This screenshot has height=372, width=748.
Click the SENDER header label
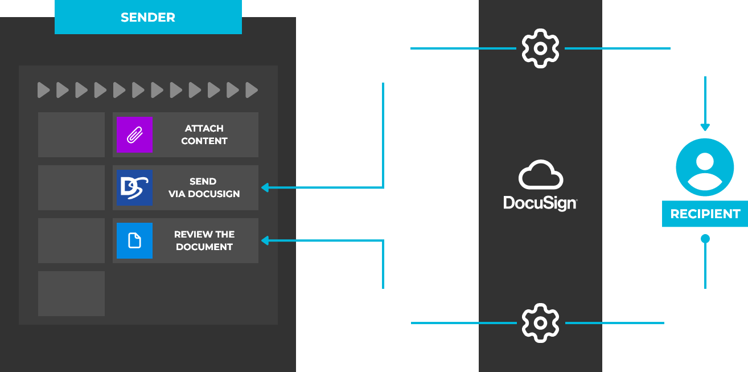(148, 17)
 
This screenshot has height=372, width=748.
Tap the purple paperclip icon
(134, 135)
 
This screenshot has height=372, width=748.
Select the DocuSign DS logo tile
(134, 187)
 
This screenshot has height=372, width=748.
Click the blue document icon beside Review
(134, 240)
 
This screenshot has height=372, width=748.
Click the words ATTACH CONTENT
(204, 135)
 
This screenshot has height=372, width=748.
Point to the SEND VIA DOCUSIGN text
(204, 187)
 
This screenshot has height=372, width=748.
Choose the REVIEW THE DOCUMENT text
(204, 240)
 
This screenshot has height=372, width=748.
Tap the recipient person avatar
(705, 167)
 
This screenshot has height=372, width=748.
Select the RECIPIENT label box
(705, 214)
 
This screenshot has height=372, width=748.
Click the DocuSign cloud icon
(540, 175)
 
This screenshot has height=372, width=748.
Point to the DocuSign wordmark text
(540, 202)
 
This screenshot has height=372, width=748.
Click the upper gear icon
(540, 48)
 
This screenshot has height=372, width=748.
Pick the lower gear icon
(540, 323)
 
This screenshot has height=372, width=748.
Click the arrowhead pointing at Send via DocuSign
(265, 187)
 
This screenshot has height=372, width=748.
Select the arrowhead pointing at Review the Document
(265, 240)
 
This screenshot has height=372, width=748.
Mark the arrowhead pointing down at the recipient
(705, 126)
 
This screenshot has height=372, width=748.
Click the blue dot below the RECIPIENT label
(705, 239)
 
